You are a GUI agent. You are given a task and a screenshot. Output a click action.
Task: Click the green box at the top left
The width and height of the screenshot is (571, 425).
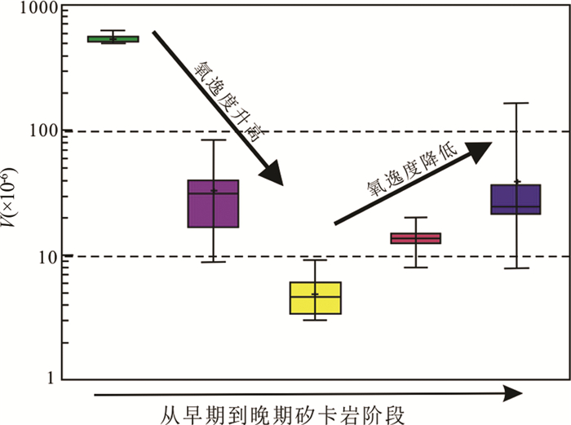pos(113,38)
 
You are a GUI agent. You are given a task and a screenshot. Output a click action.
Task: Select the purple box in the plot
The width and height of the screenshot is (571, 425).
pos(213,203)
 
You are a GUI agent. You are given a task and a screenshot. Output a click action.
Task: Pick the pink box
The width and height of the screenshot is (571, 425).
pos(416,238)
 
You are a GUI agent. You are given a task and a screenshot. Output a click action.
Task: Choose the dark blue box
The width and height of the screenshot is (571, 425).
pos(516,199)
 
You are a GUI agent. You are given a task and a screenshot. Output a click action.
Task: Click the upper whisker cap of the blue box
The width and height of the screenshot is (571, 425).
pos(516,103)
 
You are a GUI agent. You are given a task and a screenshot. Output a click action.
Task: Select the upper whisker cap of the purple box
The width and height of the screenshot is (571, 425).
pos(213,140)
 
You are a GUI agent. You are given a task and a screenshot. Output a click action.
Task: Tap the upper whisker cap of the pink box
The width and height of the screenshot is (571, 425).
pos(416,218)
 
